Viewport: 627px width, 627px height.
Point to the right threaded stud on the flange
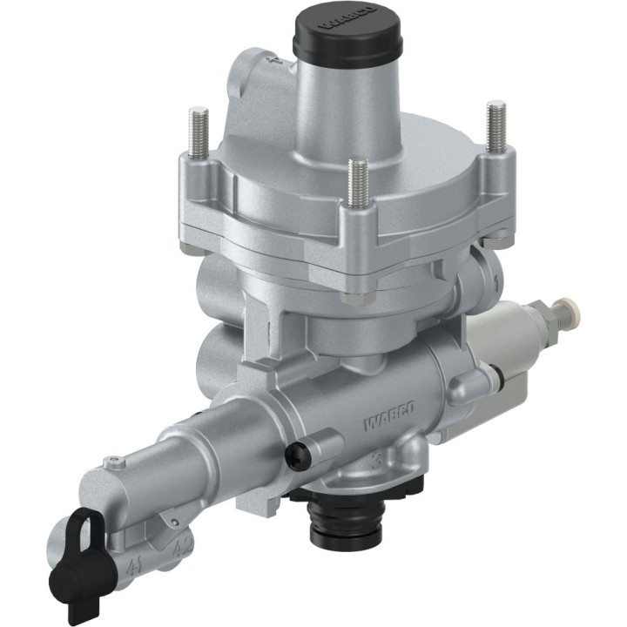496,126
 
